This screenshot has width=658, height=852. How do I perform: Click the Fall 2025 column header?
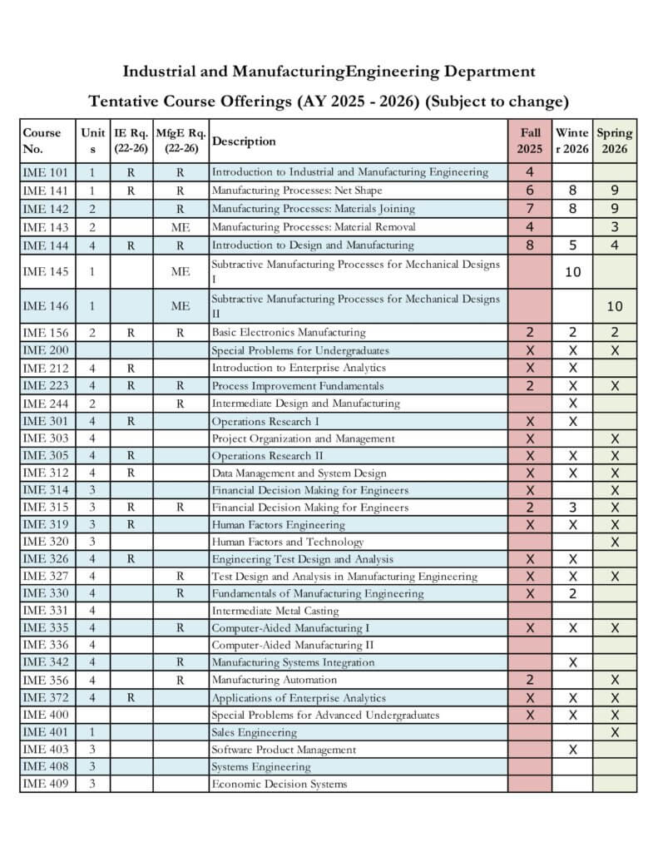(x=530, y=141)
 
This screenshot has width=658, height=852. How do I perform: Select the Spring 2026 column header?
(x=615, y=141)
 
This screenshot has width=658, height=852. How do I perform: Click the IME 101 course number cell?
(x=47, y=172)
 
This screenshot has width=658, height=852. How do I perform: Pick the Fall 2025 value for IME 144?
(x=530, y=245)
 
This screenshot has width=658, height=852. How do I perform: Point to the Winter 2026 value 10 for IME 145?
(x=573, y=271)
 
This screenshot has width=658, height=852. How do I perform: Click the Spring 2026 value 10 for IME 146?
(x=615, y=306)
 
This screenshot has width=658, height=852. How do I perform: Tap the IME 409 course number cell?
(x=47, y=784)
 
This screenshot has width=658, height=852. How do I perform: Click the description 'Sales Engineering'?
(x=254, y=732)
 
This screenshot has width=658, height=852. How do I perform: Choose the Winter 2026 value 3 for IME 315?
(x=573, y=508)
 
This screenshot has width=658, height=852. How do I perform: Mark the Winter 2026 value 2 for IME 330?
(x=573, y=593)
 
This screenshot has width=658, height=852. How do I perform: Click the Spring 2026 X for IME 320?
(x=615, y=542)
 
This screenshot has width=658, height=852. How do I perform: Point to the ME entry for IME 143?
(x=181, y=227)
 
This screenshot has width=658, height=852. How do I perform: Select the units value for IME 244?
(x=92, y=404)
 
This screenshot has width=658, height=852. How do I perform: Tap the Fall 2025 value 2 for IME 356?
(x=530, y=680)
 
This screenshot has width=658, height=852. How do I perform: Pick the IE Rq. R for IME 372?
(x=131, y=698)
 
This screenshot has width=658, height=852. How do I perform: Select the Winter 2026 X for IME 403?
(x=573, y=750)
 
